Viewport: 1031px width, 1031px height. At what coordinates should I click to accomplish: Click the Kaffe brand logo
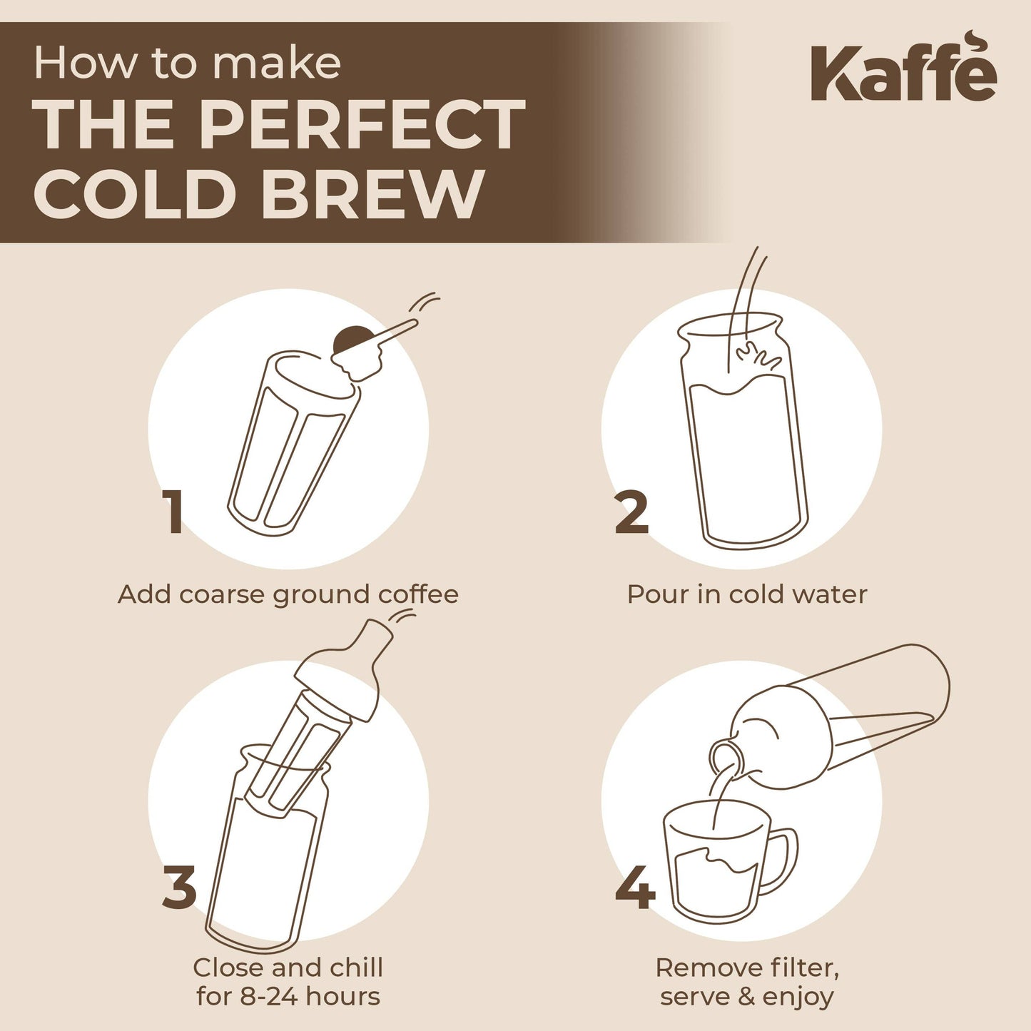(903, 69)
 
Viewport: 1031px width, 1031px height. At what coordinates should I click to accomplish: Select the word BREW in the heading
(374, 194)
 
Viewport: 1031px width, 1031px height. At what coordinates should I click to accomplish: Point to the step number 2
(632, 512)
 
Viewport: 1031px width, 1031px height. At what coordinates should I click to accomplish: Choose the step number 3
(179, 887)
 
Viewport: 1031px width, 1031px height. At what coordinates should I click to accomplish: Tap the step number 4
(635, 887)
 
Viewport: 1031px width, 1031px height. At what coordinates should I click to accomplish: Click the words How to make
(187, 63)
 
